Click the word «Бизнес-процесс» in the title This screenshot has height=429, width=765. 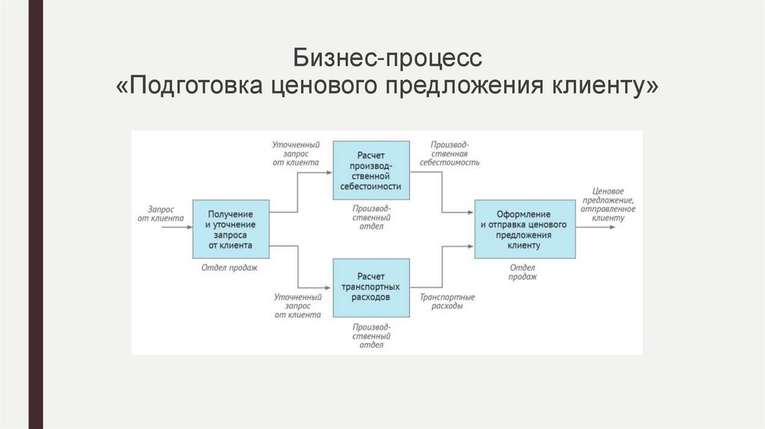[x=388, y=58]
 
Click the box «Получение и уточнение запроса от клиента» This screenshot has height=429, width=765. [x=231, y=229]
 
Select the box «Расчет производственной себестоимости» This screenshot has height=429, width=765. [x=371, y=170]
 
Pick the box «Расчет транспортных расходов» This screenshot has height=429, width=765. [x=371, y=288]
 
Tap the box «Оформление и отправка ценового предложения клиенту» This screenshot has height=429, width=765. [x=525, y=229]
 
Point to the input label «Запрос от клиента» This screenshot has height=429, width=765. [x=161, y=214]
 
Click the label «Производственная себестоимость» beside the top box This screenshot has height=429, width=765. [x=449, y=152]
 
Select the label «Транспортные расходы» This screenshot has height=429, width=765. [x=447, y=301]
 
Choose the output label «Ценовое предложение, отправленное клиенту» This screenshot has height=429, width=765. [x=613, y=204]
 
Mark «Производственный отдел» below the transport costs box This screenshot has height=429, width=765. [x=371, y=336]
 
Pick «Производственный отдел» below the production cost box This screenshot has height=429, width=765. [x=371, y=217]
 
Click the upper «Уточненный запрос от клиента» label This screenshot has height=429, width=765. [x=297, y=152]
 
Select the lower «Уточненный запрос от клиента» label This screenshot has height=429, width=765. [x=297, y=306]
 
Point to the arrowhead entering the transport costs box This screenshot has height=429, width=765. [x=329, y=288]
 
